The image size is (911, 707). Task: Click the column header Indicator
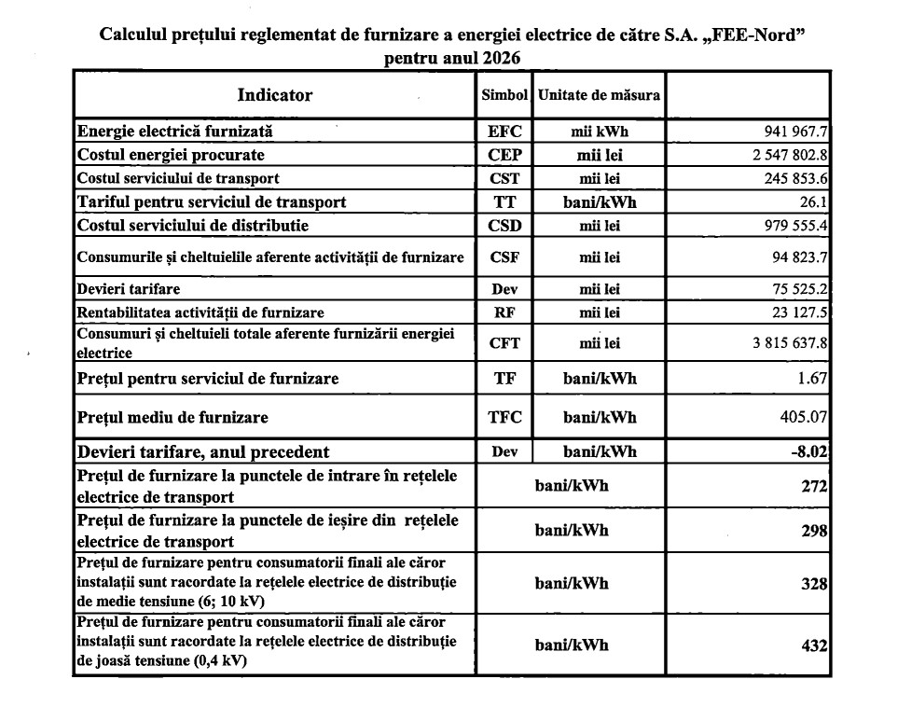(275, 95)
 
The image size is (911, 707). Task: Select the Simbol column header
(504, 95)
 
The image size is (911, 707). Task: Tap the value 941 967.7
(792, 132)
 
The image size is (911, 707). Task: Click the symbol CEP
(504, 155)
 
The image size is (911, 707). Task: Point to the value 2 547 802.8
(785, 155)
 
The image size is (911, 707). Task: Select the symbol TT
(504, 201)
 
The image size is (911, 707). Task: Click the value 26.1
(814, 201)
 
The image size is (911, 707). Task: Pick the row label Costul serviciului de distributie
(193, 225)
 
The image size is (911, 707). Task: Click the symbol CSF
(504, 257)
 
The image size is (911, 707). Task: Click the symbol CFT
(504, 343)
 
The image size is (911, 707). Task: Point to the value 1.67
(813, 379)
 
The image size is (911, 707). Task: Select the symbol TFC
(504, 416)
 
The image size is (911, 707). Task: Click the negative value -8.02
(809, 451)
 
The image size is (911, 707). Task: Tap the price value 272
(815, 487)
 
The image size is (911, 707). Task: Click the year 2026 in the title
(502, 58)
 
